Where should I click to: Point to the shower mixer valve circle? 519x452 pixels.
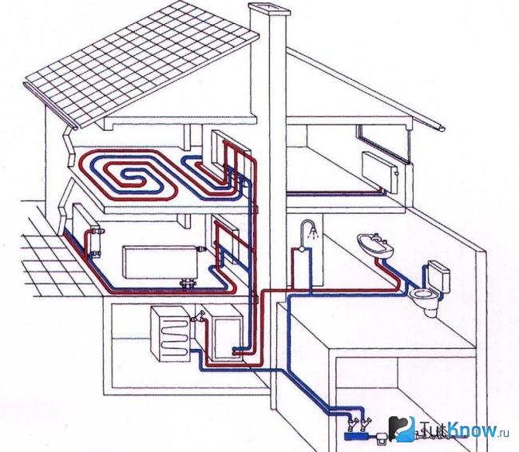click(302, 248)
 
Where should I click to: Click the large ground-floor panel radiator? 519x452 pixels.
click(160, 262)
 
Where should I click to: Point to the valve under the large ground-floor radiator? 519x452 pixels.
click(188, 283)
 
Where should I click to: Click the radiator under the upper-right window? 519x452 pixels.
click(381, 172)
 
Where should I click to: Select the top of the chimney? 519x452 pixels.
click(271, 10)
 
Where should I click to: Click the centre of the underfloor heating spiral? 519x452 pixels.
click(133, 173)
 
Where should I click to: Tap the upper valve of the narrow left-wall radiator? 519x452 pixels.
click(97, 229)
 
